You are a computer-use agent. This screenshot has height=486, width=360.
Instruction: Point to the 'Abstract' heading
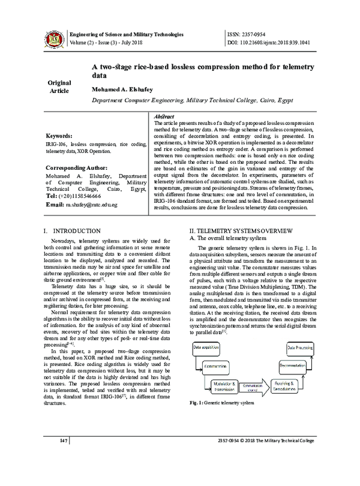164,115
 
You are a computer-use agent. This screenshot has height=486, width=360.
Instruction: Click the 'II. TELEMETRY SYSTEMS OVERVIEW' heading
241,231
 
